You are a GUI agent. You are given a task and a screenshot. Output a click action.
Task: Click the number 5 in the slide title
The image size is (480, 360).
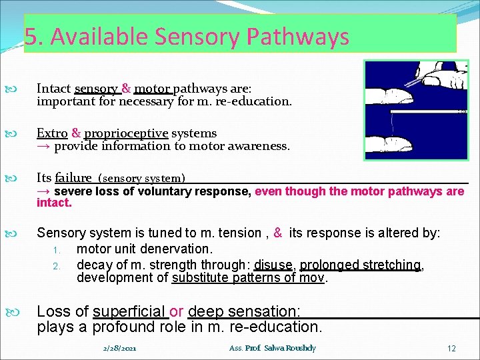tap(30, 37)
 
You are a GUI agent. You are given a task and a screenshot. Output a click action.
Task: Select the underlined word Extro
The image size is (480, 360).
tap(52, 133)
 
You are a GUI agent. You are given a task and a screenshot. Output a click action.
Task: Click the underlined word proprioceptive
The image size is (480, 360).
tap(126, 133)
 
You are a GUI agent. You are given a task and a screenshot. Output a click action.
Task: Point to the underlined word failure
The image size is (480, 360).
tap(73, 177)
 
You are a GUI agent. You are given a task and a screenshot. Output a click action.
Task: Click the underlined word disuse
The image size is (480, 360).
tap(273, 265)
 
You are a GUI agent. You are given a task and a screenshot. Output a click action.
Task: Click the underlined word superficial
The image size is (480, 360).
tap(129, 311)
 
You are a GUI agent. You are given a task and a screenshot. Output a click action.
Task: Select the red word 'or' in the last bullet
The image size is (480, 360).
tap(177, 311)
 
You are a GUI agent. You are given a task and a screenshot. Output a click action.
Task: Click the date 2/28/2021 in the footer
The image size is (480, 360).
tap(120, 348)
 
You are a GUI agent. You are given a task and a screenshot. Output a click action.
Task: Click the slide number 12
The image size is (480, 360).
tap(451, 348)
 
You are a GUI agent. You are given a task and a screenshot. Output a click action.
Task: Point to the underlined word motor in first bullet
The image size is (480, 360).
tap(152, 89)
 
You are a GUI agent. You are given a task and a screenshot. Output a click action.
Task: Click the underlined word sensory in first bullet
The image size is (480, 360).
tap(97, 89)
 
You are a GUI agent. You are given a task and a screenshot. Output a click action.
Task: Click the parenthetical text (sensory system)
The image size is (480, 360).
tap(141, 179)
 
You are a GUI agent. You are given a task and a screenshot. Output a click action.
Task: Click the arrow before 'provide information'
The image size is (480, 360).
tap(44, 146)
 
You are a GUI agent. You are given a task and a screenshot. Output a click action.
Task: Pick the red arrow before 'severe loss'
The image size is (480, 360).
tap(44, 191)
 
